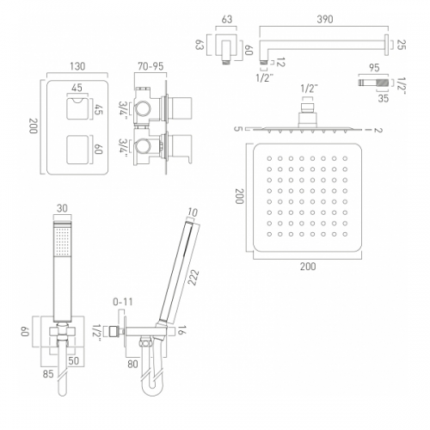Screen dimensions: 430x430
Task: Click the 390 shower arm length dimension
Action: (325, 19)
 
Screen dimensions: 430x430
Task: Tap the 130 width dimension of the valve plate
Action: (77, 66)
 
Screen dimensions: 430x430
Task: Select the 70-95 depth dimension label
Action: (150, 66)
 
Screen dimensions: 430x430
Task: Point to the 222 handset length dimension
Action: (193, 277)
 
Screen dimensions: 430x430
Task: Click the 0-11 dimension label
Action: (123, 302)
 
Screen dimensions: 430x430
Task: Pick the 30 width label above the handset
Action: (62, 208)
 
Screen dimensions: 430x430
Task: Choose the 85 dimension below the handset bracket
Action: (48, 374)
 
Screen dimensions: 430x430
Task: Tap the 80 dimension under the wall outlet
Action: (132, 364)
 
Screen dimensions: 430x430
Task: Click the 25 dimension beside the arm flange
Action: (402, 45)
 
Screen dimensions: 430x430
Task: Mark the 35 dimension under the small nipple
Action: (383, 98)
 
